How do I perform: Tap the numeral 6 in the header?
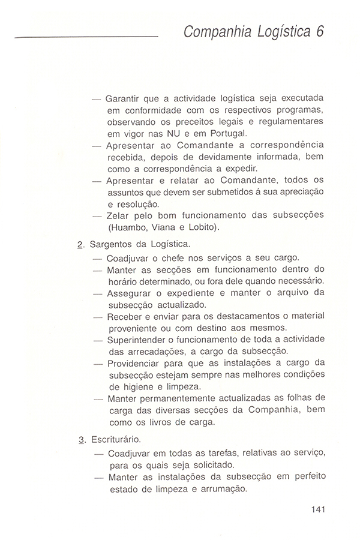click(320, 31)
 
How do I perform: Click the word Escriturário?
click(116, 440)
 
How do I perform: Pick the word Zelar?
click(118, 215)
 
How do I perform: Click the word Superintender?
click(139, 340)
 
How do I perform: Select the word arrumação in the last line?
click(222, 488)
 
